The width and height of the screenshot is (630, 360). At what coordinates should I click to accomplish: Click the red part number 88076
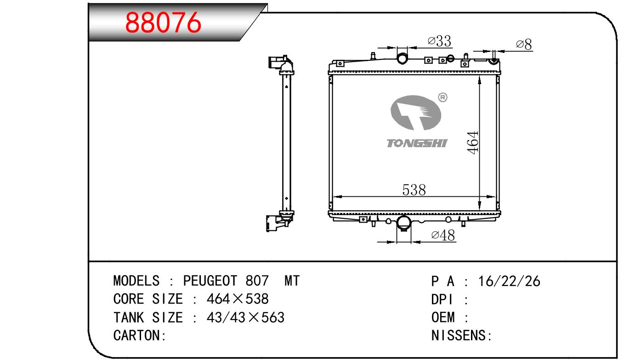click(163, 23)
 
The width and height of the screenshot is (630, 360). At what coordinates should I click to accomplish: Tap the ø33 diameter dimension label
click(439, 41)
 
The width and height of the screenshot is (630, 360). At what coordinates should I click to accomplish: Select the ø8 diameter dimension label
click(524, 45)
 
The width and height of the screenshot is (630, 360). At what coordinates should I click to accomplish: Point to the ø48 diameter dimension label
click(443, 235)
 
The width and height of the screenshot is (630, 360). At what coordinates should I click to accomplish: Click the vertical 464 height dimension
click(473, 143)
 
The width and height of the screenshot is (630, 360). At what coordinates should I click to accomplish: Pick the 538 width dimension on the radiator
click(414, 190)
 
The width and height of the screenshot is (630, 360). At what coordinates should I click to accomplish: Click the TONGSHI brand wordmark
click(417, 143)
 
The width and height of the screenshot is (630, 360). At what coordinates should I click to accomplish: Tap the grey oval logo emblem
click(416, 113)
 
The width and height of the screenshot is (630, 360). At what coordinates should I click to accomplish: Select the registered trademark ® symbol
click(443, 97)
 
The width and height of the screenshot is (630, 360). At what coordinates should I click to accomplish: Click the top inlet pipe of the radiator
click(402, 58)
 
